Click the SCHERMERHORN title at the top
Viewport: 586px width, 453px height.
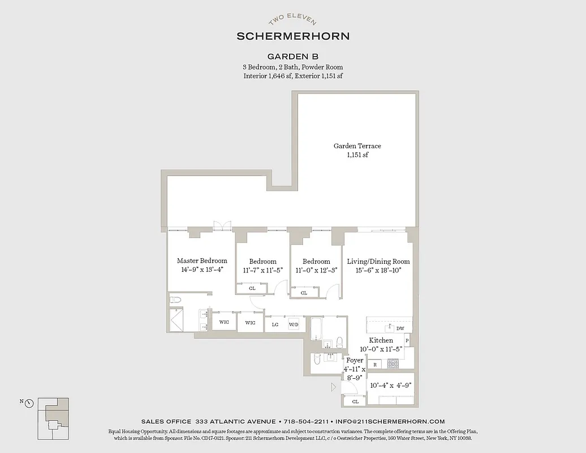click(x=292, y=36)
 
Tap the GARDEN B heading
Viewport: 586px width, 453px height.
click(x=292, y=56)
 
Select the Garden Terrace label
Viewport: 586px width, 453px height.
click(x=357, y=146)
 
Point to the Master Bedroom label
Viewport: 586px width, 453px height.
click(x=202, y=261)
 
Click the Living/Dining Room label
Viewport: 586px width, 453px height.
click(x=378, y=262)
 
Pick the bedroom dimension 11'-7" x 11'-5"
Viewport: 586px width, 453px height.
click(x=263, y=270)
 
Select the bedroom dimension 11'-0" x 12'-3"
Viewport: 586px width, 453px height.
click(x=316, y=270)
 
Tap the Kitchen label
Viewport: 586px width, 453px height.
click(x=381, y=340)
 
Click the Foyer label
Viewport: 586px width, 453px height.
click(x=355, y=361)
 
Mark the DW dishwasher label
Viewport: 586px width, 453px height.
click(x=400, y=328)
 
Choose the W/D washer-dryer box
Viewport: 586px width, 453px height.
click(x=294, y=324)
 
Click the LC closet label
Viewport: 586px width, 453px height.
click(x=275, y=324)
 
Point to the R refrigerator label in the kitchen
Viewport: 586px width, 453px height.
click(x=375, y=365)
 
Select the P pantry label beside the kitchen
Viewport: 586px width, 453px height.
click(x=407, y=341)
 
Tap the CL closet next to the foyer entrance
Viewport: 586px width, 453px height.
click(x=355, y=401)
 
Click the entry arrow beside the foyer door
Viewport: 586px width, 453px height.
click(x=334, y=387)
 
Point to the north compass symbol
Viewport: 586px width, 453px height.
click(x=29, y=403)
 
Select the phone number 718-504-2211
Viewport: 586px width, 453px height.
click(x=305, y=421)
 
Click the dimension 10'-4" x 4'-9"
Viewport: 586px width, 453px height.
click(x=390, y=385)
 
